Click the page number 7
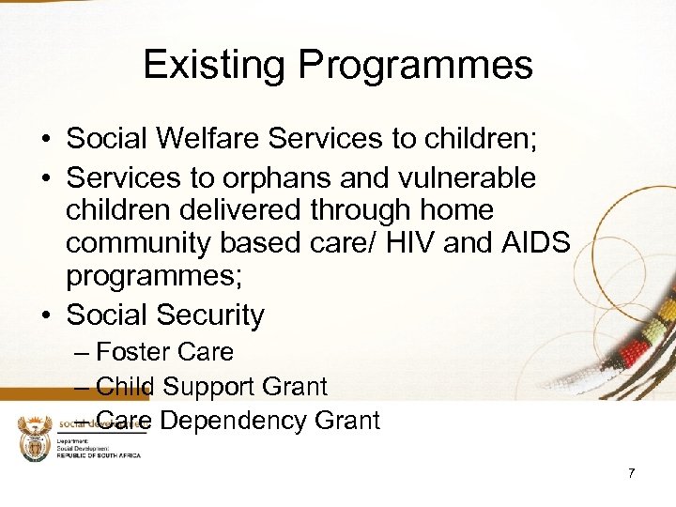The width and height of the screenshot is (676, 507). coord(632,473)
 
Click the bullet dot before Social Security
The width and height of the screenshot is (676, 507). coord(45,315)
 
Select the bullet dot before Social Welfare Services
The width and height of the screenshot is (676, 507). coord(45,140)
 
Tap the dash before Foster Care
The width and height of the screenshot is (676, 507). coord(81,353)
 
